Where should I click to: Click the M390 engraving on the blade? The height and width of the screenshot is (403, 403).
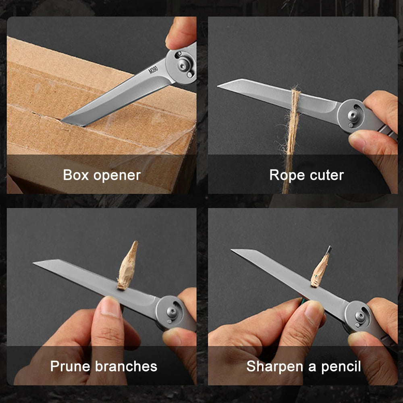(x=154, y=69)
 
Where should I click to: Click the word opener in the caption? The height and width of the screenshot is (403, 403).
(x=118, y=176)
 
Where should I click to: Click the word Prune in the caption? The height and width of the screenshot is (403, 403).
(x=71, y=366)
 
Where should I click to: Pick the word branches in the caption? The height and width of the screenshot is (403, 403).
(x=126, y=366)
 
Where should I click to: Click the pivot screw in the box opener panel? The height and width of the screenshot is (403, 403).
(x=184, y=63)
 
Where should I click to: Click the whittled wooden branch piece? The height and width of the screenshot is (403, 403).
(x=127, y=266)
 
